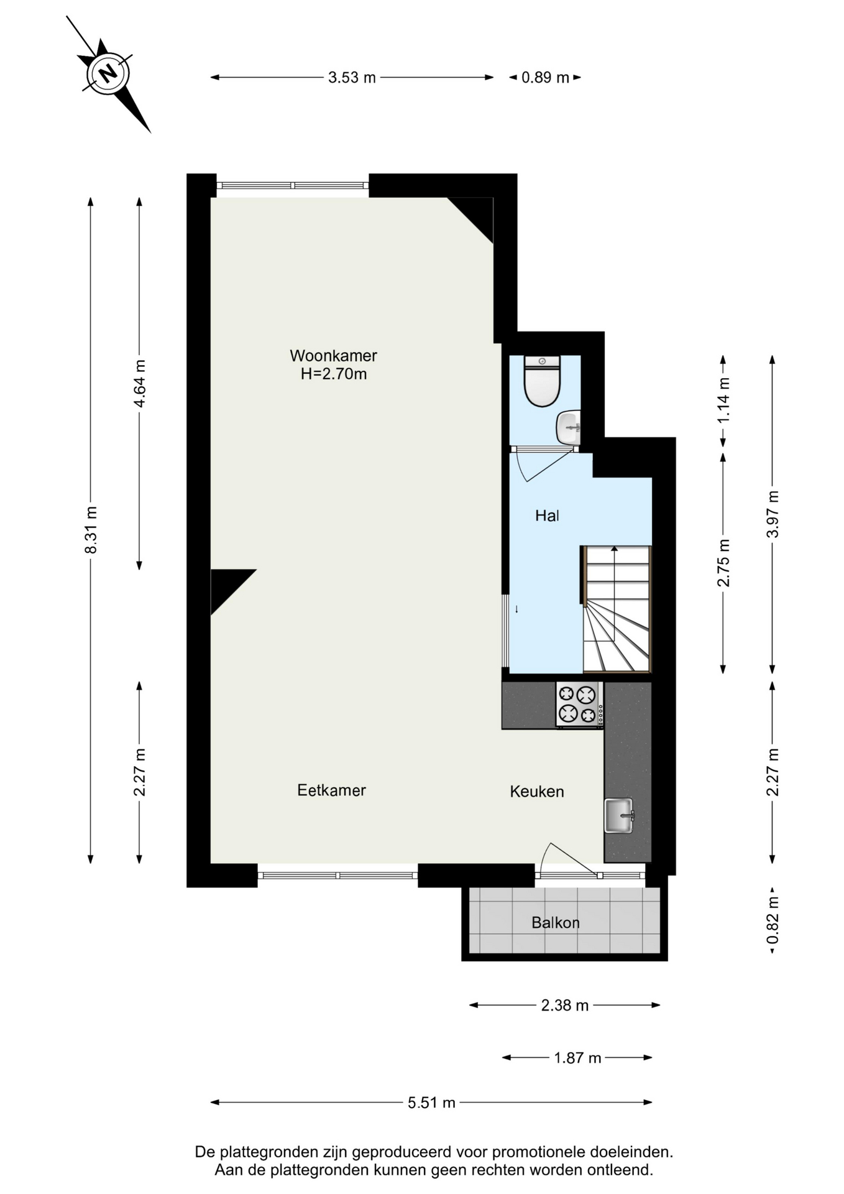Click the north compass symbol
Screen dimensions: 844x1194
[109, 74]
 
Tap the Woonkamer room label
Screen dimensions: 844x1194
[333, 356]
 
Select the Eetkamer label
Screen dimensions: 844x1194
[331, 790]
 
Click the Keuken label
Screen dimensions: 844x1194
[537, 792]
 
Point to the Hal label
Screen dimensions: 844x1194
[547, 516]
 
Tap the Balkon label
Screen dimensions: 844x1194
[556, 923]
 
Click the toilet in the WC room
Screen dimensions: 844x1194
[542, 381]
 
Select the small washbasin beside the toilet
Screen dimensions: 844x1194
[568, 427]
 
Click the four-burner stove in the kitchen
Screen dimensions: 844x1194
[579, 704]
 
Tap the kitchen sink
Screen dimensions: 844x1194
[619, 815]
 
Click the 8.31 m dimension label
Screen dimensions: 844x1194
[91, 530]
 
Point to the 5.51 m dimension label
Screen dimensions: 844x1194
[431, 1103]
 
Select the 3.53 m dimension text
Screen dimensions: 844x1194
[352, 78]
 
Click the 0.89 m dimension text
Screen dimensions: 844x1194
[545, 78]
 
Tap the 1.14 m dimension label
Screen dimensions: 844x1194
[723, 400]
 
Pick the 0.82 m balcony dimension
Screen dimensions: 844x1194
[773, 919]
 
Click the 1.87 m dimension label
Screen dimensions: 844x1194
[577, 1058]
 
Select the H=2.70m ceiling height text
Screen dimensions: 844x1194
[334, 374]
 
